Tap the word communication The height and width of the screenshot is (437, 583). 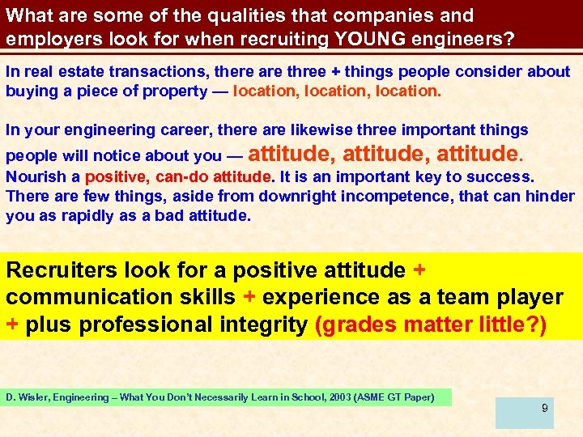pyautogui.click(x=79, y=297)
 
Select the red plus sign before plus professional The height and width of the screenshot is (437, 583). pyautogui.click(x=12, y=325)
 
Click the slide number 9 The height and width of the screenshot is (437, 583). pyautogui.click(x=545, y=408)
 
